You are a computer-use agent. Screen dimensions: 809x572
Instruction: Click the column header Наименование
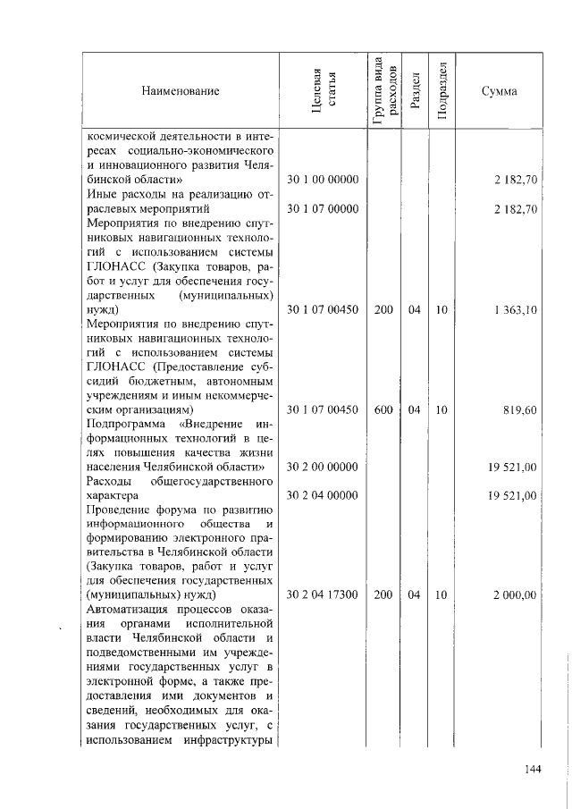click(179, 91)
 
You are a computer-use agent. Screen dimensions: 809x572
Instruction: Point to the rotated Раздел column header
click(415, 91)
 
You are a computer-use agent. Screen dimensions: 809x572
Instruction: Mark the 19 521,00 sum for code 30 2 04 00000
click(512, 495)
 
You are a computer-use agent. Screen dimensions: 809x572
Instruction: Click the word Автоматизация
click(129, 609)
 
